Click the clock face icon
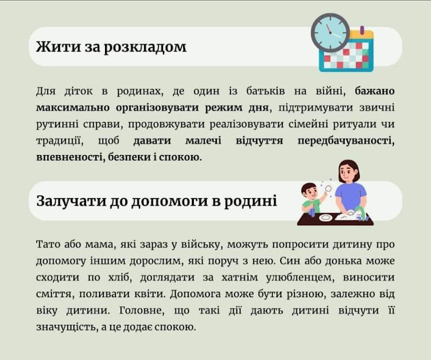tap(331, 33)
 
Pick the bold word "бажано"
tap(374, 91)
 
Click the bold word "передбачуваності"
tap(346, 141)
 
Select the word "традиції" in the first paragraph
tap(60, 141)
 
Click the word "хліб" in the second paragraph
tap(119, 277)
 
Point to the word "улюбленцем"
tap(300, 278)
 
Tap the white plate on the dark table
tap(325, 218)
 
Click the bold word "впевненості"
tap(70, 158)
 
